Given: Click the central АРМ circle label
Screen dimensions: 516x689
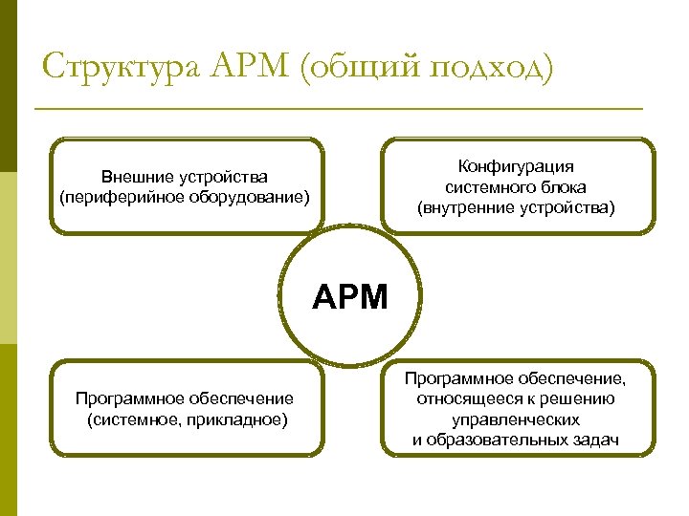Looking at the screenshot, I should pos(350,298).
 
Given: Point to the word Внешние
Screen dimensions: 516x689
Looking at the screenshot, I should pos(137,177).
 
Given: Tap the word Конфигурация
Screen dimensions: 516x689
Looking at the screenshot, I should pos(516,166).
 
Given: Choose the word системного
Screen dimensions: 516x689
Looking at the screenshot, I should pos(484,187).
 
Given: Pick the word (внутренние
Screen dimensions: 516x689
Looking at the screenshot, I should pos(464,207).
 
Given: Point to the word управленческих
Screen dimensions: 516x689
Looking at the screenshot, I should pos(516,419).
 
